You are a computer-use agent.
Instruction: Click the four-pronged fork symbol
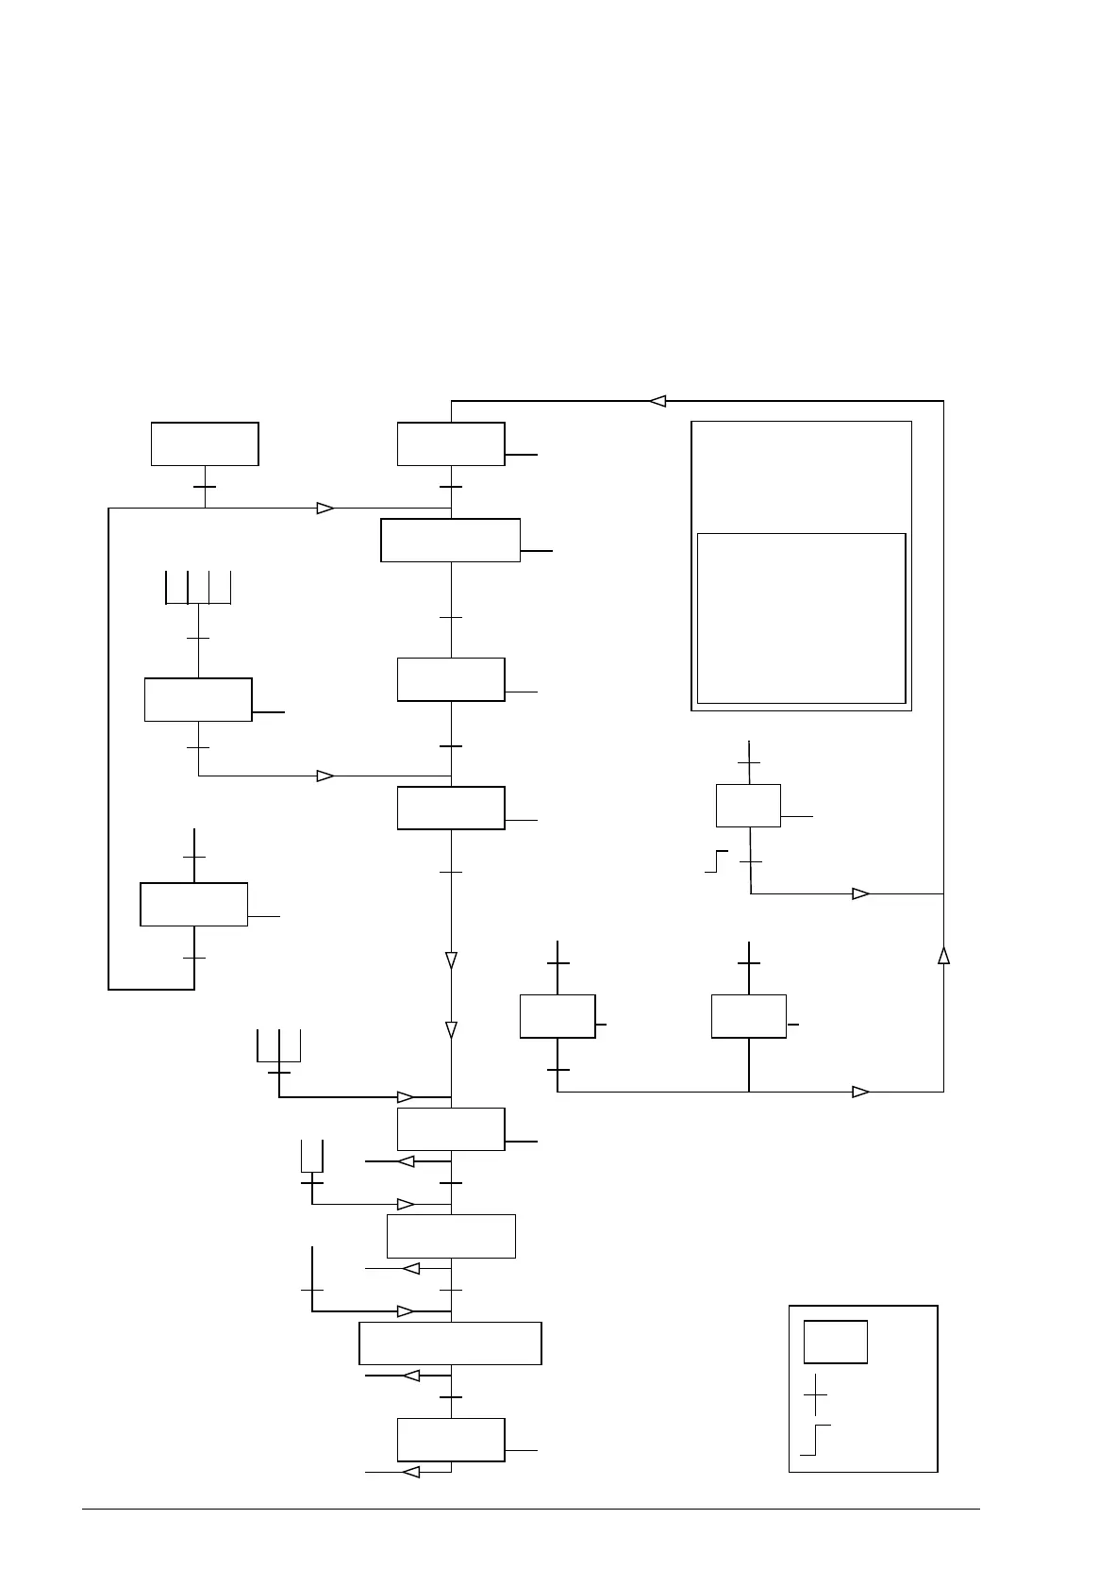click(198, 588)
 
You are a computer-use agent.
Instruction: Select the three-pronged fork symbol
click(278, 1046)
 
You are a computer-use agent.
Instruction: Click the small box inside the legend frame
click(835, 1342)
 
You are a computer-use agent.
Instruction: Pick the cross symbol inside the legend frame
click(815, 1394)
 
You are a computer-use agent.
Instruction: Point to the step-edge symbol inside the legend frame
click(815, 1440)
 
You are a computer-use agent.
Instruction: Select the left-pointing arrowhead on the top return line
click(657, 401)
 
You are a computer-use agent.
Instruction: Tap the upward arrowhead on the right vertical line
click(943, 956)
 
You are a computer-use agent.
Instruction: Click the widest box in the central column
click(450, 1343)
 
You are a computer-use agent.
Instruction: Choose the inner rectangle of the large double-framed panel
click(801, 618)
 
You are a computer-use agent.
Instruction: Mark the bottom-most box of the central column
click(451, 1440)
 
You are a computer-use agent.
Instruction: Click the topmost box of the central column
click(451, 444)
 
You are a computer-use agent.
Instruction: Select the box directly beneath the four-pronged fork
click(198, 699)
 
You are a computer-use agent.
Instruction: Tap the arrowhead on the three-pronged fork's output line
click(406, 1097)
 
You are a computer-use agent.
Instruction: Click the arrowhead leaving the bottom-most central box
click(410, 1472)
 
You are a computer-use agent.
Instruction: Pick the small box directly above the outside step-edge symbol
click(748, 806)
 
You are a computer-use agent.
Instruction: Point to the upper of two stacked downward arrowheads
click(451, 960)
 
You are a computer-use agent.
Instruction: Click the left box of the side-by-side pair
click(557, 1016)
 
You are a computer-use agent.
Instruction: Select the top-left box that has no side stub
click(205, 444)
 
